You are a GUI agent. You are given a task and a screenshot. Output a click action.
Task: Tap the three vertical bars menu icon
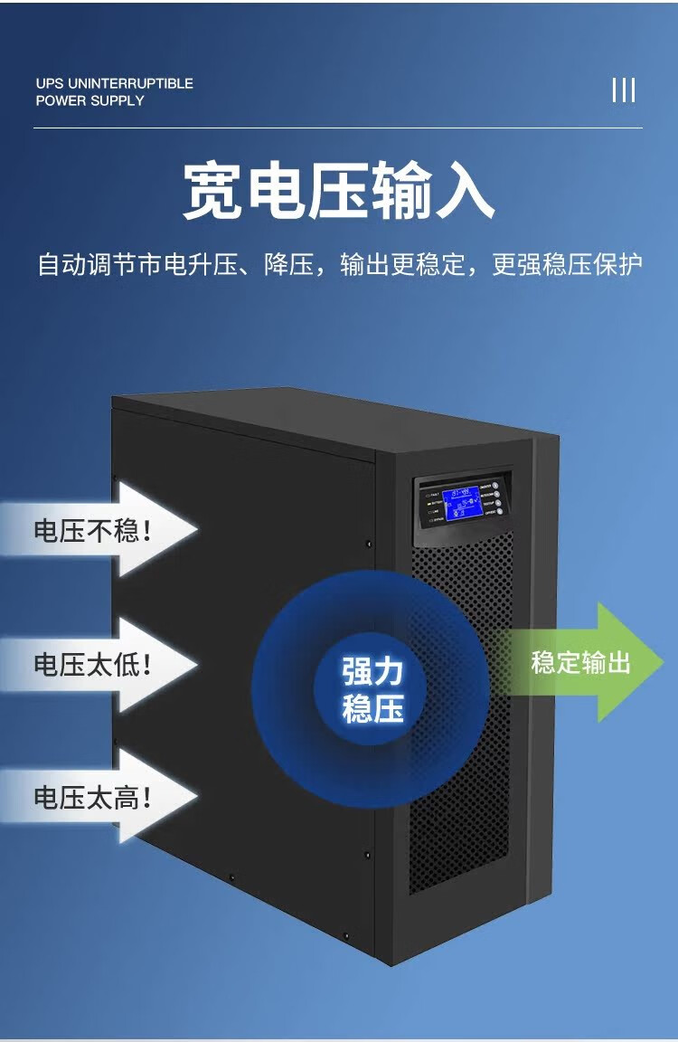click(624, 90)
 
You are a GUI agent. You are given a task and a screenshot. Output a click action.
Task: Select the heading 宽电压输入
click(338, 191)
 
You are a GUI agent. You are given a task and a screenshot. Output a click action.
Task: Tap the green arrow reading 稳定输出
click(583, 662)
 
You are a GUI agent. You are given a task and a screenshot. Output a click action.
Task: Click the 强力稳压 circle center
click(372, 689)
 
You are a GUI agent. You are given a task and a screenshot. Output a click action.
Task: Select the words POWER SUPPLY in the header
click(90, 100)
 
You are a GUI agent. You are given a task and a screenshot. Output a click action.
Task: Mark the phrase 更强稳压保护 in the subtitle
click(567, 265)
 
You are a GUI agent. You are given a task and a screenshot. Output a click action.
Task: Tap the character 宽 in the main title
click(213, 191)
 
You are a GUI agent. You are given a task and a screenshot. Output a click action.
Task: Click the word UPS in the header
click(50, 83)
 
